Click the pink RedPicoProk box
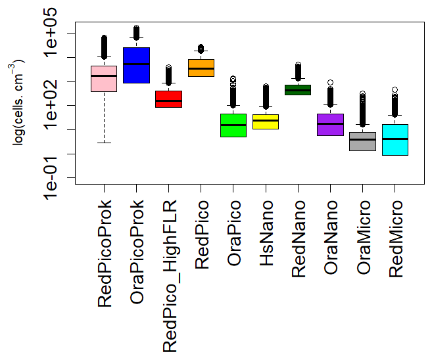[x=103, y=78]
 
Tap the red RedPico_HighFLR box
[x=168, y=99]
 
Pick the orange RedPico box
[x=201, y=68]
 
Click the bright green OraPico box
[x=233, y=125]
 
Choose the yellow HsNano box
[x=266, y=122]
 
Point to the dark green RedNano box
[x=298, y=90]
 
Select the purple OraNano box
[x=330, y=124]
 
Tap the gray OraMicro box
[x=362, y=141]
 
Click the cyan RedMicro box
[x=395, y=139]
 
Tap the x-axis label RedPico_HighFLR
[x=170, y=276]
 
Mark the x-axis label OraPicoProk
[x=137, y=254]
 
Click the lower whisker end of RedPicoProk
[x=103, y=143]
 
